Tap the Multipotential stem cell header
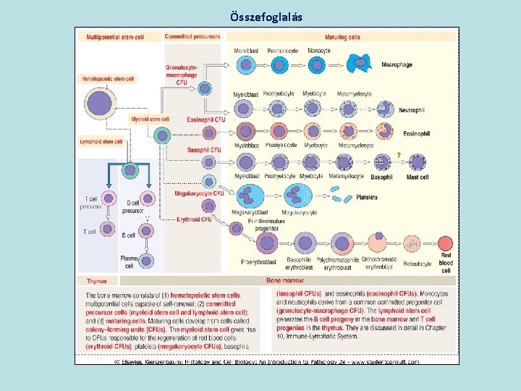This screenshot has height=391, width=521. click(x=115, y=37)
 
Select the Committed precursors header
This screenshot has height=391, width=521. click(x=192, y=37)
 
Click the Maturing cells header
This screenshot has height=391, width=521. click(x=343, y=37)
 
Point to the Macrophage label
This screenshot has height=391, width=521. click(x=397, y=65)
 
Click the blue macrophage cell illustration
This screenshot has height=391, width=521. click(x=360, y=64)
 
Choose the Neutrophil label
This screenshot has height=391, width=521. click(x=411, y=111)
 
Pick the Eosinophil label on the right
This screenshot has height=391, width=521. click(x=416, y=134)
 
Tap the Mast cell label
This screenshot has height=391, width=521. click(x=418, y=177)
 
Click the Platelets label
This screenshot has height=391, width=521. click(x=367, y=198)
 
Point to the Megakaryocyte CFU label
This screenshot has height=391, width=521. click(x=199, y=193)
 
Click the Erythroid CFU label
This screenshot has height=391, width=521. click(x=195, y=219)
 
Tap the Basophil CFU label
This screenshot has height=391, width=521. click(x=204, y=150)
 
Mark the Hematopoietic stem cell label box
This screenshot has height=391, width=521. click(x=109, y=78)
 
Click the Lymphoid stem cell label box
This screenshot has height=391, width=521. click(x=101, y=142)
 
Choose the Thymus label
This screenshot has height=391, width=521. click(x=97, y=281)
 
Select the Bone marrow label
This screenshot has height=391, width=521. click(x=284, y=280)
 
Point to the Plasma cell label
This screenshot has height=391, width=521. click(x=129, y=261)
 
